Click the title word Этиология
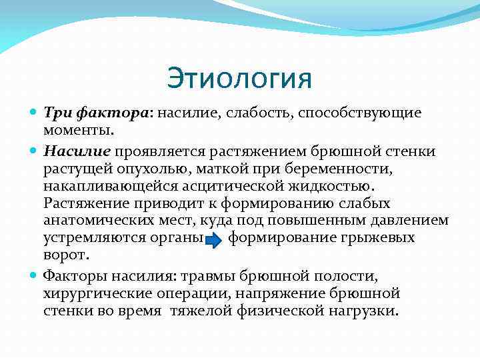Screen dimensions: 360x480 click(x=239, y=78)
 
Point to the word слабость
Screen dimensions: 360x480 click(x=259, y=113)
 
